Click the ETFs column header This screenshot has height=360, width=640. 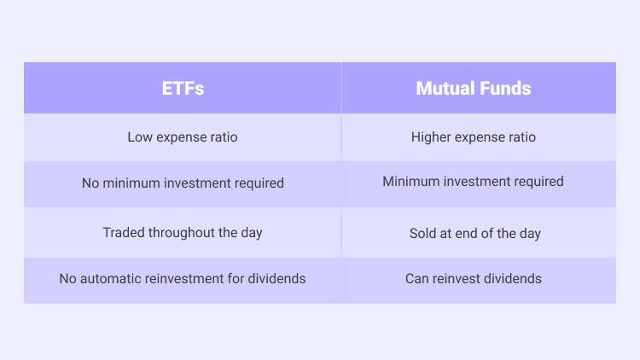click(x=183, y=88)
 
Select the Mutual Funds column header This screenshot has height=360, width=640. click(x=474, y=88)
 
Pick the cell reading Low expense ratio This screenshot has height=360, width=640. click(x=183, y=137)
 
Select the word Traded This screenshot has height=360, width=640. click(x=124, y=233)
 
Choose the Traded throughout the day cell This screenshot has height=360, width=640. click(x=183, y=233)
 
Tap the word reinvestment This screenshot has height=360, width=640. click(x=184, y=279)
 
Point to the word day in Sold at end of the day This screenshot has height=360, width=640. click(x=530, y=234)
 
